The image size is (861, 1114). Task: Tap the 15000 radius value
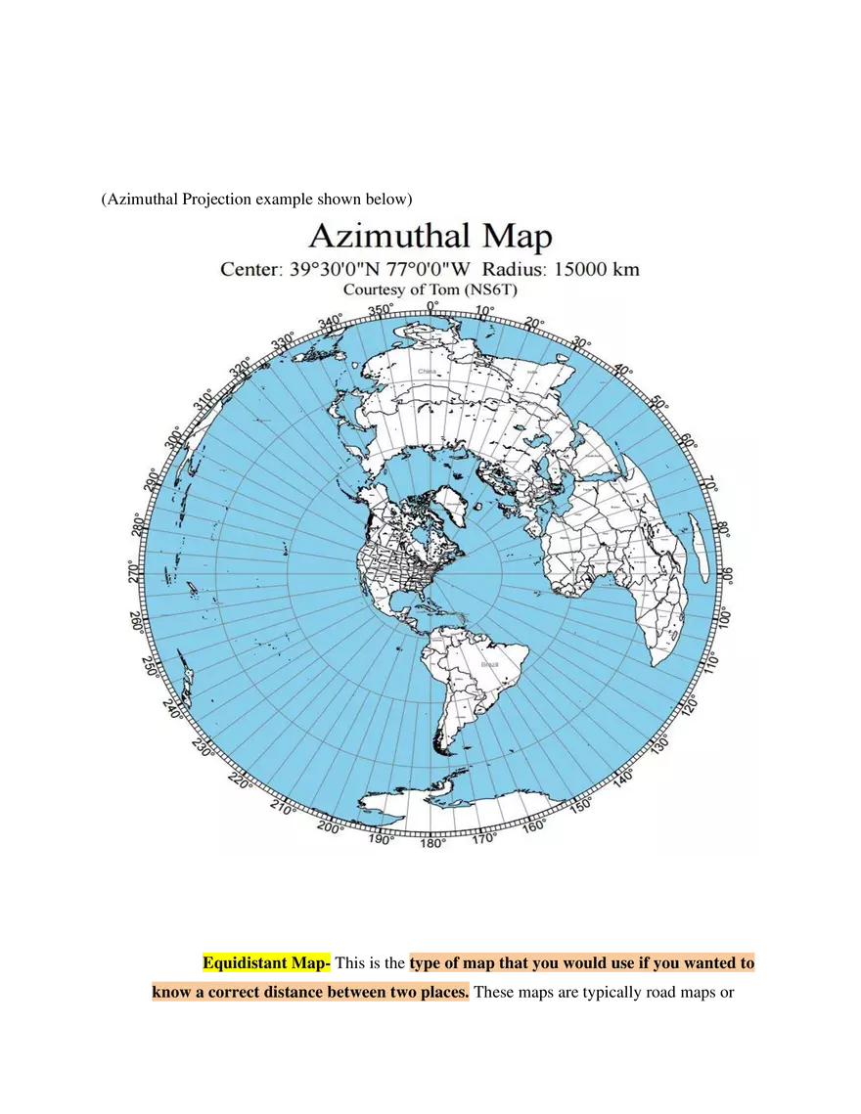tap(582, 269)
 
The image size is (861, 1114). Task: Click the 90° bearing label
tap(724, 574)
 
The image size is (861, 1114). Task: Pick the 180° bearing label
tap(433, 842)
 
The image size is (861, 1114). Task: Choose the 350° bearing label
tap(381, 311)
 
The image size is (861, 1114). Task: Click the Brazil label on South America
tap(489, 664)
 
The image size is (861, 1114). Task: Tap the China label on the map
tap(428, 372)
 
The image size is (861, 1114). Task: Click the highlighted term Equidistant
tap(246, 963)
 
